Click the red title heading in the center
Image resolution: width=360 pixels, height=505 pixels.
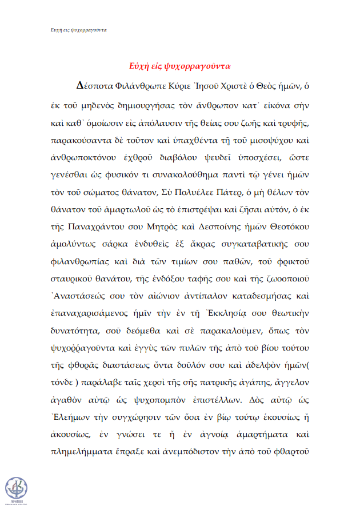[x=179, y=66]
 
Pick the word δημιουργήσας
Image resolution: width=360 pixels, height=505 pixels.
[x=149, y=106]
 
